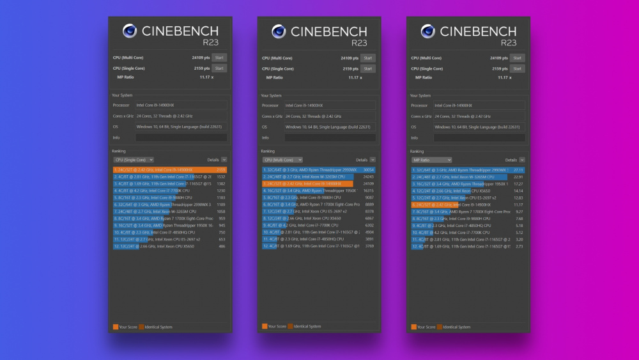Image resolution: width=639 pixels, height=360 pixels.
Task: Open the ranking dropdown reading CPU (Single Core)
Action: pyautogui.click(x=134, y=160)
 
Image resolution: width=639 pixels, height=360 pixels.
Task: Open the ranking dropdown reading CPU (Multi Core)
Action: pyautogui.click(x=282, y=160)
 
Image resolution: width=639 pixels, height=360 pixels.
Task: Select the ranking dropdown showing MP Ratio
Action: pyautogui.click(x=431, y=160)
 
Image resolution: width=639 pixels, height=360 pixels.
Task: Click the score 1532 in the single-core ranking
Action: pyautogui.click(x=221, y=176)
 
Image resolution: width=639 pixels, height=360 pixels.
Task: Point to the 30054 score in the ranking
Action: pyautogui.click(x=369, y=169)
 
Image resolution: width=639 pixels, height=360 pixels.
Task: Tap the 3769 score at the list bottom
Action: pyautogui.click(x=370, y=246)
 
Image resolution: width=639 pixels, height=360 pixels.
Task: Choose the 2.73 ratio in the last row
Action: pyautogui.click(x=520, y=246)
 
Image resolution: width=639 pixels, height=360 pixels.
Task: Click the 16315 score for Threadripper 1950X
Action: pyautogui.click(x=369, y=191)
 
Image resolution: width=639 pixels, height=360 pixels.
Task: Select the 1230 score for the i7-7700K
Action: pyautogui.click(x=221, y=191)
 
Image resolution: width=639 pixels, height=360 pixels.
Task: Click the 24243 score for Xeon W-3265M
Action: pyautogui.click(x=369, y=176)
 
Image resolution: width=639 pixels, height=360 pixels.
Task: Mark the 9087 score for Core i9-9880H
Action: pyautogui.click(x=370, y=198)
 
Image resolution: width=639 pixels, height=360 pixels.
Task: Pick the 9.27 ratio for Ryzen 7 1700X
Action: pyautogui.click(x=520, y=212)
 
